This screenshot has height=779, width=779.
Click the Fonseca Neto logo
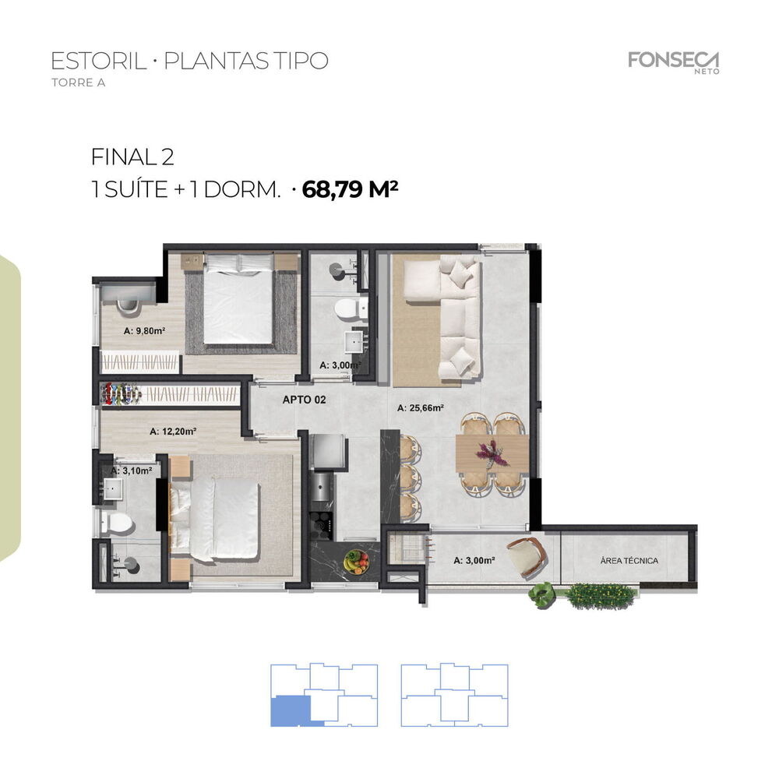click(x=673, y=62)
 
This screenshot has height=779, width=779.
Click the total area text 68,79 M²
click(x=351, y=189)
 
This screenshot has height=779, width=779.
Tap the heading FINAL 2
click(x=132, y=157)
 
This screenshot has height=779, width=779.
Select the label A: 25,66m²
click(x=420, y=407)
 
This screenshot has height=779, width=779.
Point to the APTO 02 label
click(x=303, y=400)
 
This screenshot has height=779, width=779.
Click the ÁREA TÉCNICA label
click(x=629, y=560)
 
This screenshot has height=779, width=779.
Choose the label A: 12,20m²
click(x=172, y=430)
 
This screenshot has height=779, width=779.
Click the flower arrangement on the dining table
click(x=492, y=452)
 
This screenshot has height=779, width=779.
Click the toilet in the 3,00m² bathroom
click(x=347, y=310)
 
